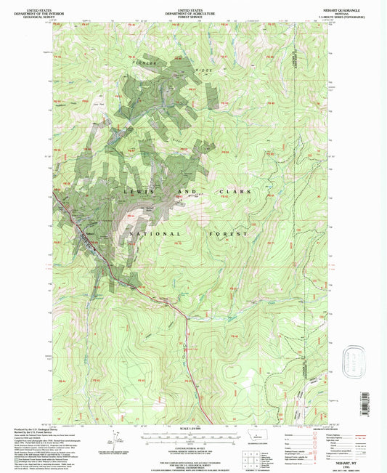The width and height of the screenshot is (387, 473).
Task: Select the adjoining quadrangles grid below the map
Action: tap(251, 456)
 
